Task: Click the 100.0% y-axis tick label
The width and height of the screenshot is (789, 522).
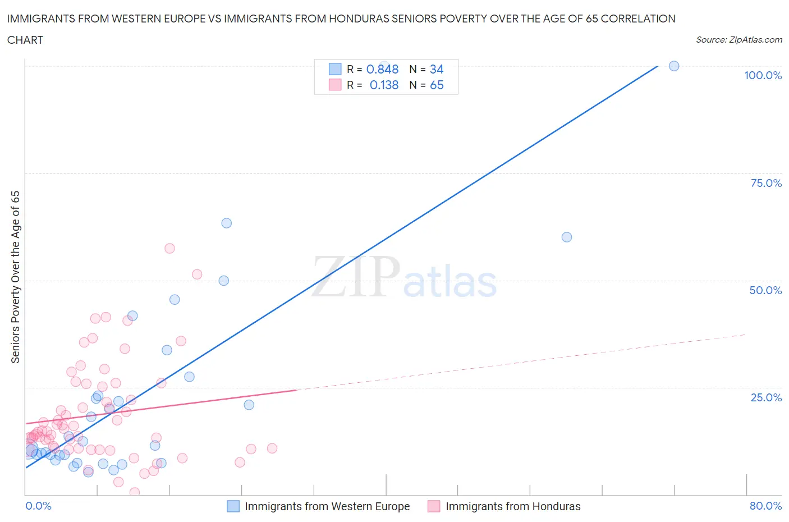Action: point(763,75)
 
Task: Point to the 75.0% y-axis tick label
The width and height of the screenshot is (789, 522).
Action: point(765,183)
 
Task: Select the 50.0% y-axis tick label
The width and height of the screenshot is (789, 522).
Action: point(765,290)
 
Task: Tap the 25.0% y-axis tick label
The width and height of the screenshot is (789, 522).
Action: point(765,397)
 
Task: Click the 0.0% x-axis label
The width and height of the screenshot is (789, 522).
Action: point(38,506)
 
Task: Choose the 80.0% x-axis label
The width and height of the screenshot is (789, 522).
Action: point(765,506)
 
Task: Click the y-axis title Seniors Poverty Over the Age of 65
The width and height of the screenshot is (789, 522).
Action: point(16,277)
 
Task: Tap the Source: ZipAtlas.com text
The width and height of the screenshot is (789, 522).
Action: point(738,40)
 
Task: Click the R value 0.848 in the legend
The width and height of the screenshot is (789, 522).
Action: point(382,69)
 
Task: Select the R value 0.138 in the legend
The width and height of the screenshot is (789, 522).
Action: point(384,85)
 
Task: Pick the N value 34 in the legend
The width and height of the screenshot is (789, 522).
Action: point(437,69)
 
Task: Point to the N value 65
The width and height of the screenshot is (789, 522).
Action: point(437,85)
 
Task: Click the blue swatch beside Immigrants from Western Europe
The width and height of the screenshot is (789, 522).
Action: point(233,506)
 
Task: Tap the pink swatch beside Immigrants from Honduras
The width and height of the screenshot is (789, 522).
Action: point(434,506)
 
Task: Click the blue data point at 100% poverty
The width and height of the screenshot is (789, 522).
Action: point(674,66)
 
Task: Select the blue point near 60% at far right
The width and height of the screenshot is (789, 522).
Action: point(567,237)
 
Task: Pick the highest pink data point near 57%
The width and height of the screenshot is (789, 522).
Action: point(169,248)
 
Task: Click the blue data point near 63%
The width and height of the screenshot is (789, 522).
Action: point(226,223)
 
